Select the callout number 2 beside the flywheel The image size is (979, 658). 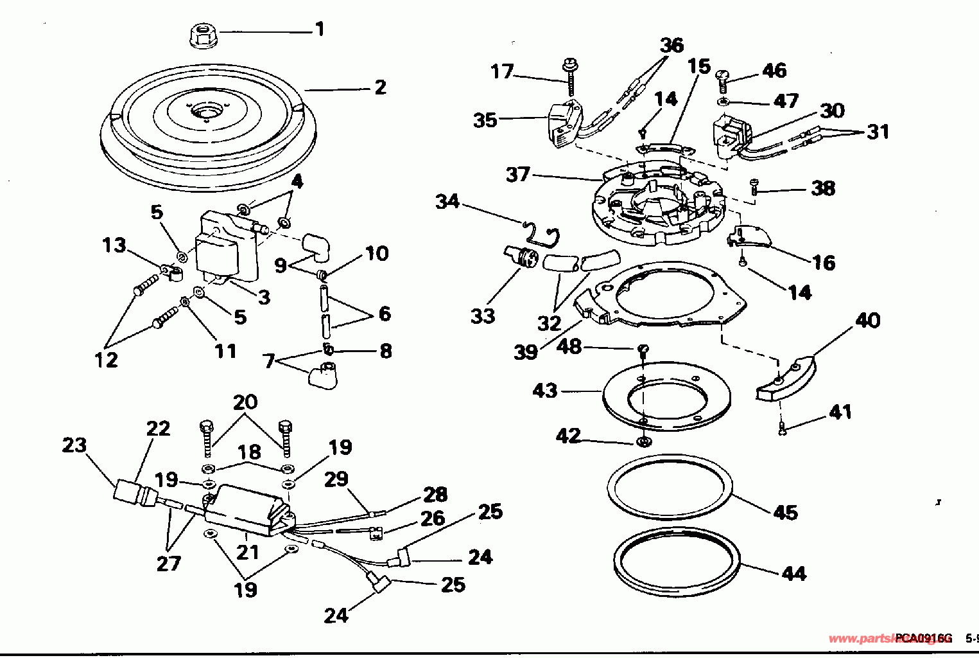[380, 87]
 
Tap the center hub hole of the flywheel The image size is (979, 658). [207, 114]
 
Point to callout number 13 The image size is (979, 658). [114, 245]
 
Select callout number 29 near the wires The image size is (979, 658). [336, 479]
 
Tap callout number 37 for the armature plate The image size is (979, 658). [517, 175]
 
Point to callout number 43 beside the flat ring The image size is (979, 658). [545, 391]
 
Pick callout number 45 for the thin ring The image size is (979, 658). [785, 512]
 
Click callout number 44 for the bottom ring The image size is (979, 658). [793, 573]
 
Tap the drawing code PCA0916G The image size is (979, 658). [924, 638]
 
